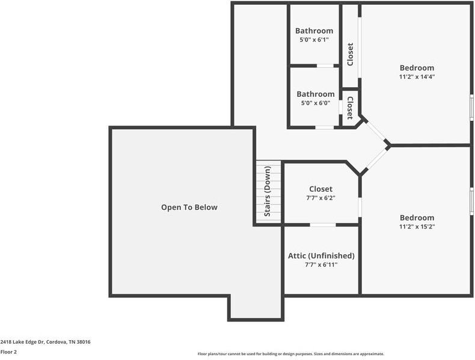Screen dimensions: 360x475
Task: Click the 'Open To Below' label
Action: pyautogui.click(x=189, y=207)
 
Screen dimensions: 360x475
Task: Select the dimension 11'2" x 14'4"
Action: pyautogui.click(x=416, y=77)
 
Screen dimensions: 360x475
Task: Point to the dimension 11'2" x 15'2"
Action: pyautogui.click(x=416, y=227)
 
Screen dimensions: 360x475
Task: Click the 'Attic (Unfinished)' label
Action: pyautogui.click(x=321, y=255)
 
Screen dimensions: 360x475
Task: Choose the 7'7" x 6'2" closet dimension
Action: pyautogui.click(x=320, y=198)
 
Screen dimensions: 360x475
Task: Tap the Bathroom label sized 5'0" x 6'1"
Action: pyautogui.click(x=314, y=31)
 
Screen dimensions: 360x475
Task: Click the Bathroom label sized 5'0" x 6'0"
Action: pyautogui.click(x=315, y=94)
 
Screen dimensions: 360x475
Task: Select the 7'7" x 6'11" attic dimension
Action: pyautogui.click(x=321, y=264)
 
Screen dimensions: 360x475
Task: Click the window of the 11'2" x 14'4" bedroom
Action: pyautogui.click(x=471, y=108)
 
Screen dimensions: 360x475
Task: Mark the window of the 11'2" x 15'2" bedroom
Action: pyautogui.click(x=471, y=201)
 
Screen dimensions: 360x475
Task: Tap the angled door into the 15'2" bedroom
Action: pyautogui.click(x=376, y=159)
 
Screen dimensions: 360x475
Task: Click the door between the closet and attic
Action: pyautogui.click(x=323, y=225)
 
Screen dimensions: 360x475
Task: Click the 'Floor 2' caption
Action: pyautogui.click(x=8, y=352)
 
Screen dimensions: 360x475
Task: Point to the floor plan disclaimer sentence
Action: pyautogui.click(x=290, y=354)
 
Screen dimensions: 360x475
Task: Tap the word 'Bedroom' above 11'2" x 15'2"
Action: pyautogui.click(x=416, y=218)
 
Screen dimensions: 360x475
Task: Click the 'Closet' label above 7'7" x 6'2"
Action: pyautogui.click(x=320, y=189)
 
